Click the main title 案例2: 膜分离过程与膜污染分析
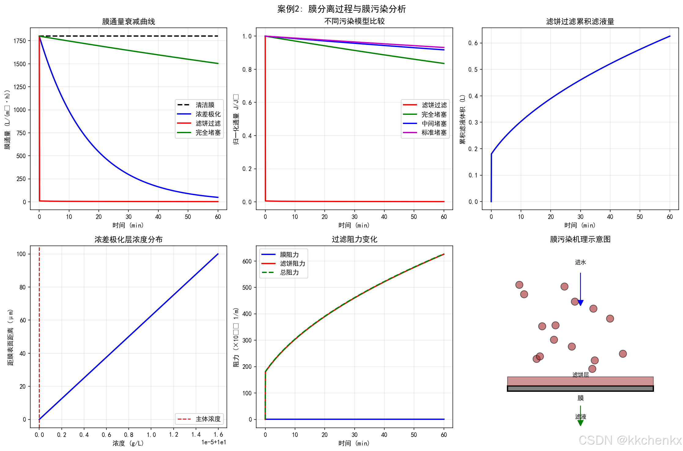[341, 9]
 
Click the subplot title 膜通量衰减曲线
[128, 22]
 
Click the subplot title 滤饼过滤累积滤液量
[580, 22]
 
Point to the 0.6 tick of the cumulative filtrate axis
[473, 43]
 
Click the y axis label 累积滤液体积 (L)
[463, 119]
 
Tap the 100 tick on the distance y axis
[21, 254]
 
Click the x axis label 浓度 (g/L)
[128, 443]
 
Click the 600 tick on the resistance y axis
[247, 261]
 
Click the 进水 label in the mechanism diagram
[580, 262]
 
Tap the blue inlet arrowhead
[580, 303]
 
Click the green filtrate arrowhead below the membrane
[580, 423]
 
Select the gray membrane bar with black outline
[580, 388]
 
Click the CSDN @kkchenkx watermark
[630, 440]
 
